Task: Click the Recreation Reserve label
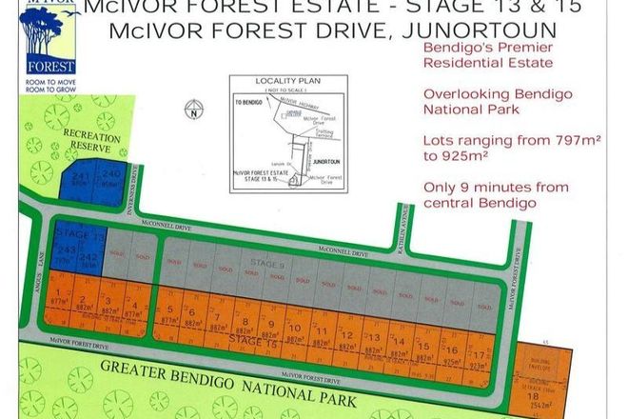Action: pos(91,144)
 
